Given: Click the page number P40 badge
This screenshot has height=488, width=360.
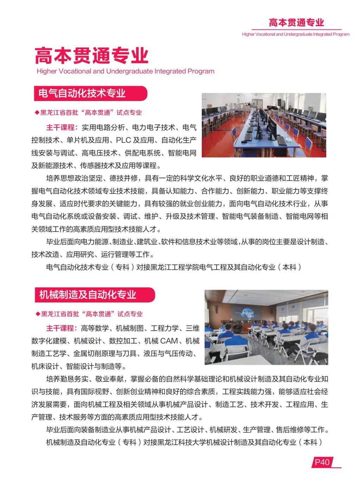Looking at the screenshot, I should [322, 462].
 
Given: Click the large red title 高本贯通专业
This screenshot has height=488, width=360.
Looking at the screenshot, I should [91, 55].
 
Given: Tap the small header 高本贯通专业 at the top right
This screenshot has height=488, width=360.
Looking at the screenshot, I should [296, 23].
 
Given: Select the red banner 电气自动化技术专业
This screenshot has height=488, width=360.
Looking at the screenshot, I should [82, 94].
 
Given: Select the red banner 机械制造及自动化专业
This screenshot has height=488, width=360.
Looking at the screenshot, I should [88, 295].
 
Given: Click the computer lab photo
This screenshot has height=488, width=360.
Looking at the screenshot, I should [264, 125].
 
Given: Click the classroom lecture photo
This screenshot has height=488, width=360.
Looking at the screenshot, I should [266, 327].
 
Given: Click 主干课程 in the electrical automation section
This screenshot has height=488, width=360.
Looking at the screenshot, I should [62, 127].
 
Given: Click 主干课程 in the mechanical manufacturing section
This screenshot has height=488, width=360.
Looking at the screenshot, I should [62, 328].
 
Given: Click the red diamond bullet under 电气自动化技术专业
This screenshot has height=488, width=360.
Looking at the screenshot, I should [37, 113].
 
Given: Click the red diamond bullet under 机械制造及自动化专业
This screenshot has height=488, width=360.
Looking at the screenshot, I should [38, 314].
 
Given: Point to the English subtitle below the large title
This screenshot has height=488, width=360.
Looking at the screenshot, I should [125, 71].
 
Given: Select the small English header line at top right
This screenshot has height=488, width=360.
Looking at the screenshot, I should [296, 34].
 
